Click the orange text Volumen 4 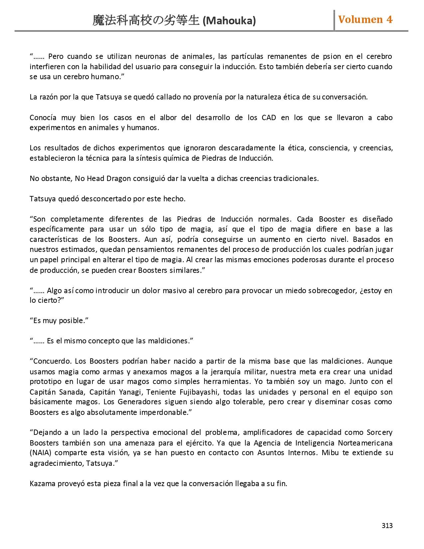click(x=365, y=20)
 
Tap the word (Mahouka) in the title click(x=229, y=21)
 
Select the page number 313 click(x=387, y=526)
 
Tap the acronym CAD click(x=269, y=117)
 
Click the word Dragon click(x=119, y=178)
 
